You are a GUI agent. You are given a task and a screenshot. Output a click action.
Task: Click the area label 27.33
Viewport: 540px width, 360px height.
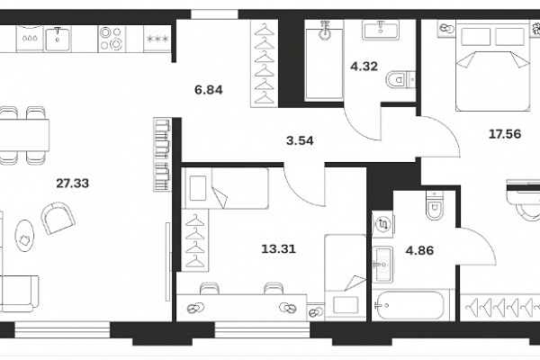[73, 184]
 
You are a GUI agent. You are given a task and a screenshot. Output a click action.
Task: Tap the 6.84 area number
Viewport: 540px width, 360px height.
[209, 90]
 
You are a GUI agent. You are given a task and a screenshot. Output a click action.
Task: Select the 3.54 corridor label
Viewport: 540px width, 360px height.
[300, 140]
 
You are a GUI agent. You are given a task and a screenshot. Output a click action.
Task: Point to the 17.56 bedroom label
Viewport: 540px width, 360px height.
[505, 134]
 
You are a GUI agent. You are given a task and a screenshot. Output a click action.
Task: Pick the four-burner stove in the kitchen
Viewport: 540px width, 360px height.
[112, 39]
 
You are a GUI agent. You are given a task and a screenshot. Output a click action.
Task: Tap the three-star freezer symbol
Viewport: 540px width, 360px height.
[157, 39]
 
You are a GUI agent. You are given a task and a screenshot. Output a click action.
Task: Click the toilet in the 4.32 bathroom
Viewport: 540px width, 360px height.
[400, 80]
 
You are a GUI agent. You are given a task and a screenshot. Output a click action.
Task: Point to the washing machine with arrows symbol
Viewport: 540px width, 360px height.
[382, 225]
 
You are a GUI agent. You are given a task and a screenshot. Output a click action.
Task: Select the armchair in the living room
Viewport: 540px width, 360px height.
[58, 218]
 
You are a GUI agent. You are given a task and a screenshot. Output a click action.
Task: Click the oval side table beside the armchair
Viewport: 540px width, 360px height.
[24, 236]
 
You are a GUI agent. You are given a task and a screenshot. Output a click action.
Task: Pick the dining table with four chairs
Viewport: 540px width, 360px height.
[23, 135]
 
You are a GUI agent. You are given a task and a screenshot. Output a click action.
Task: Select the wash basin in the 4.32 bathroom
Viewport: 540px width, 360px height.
[381, 30]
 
